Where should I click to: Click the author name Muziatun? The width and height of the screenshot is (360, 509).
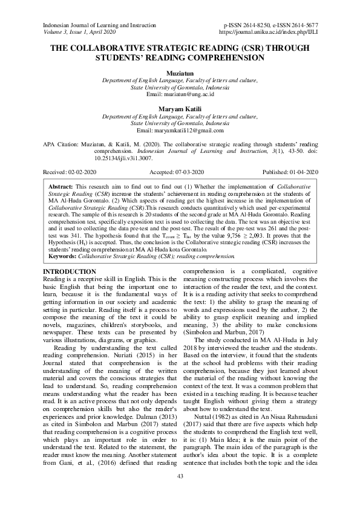(x=180, y=72)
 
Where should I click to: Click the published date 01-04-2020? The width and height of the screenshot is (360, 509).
(x=304, y=172)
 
